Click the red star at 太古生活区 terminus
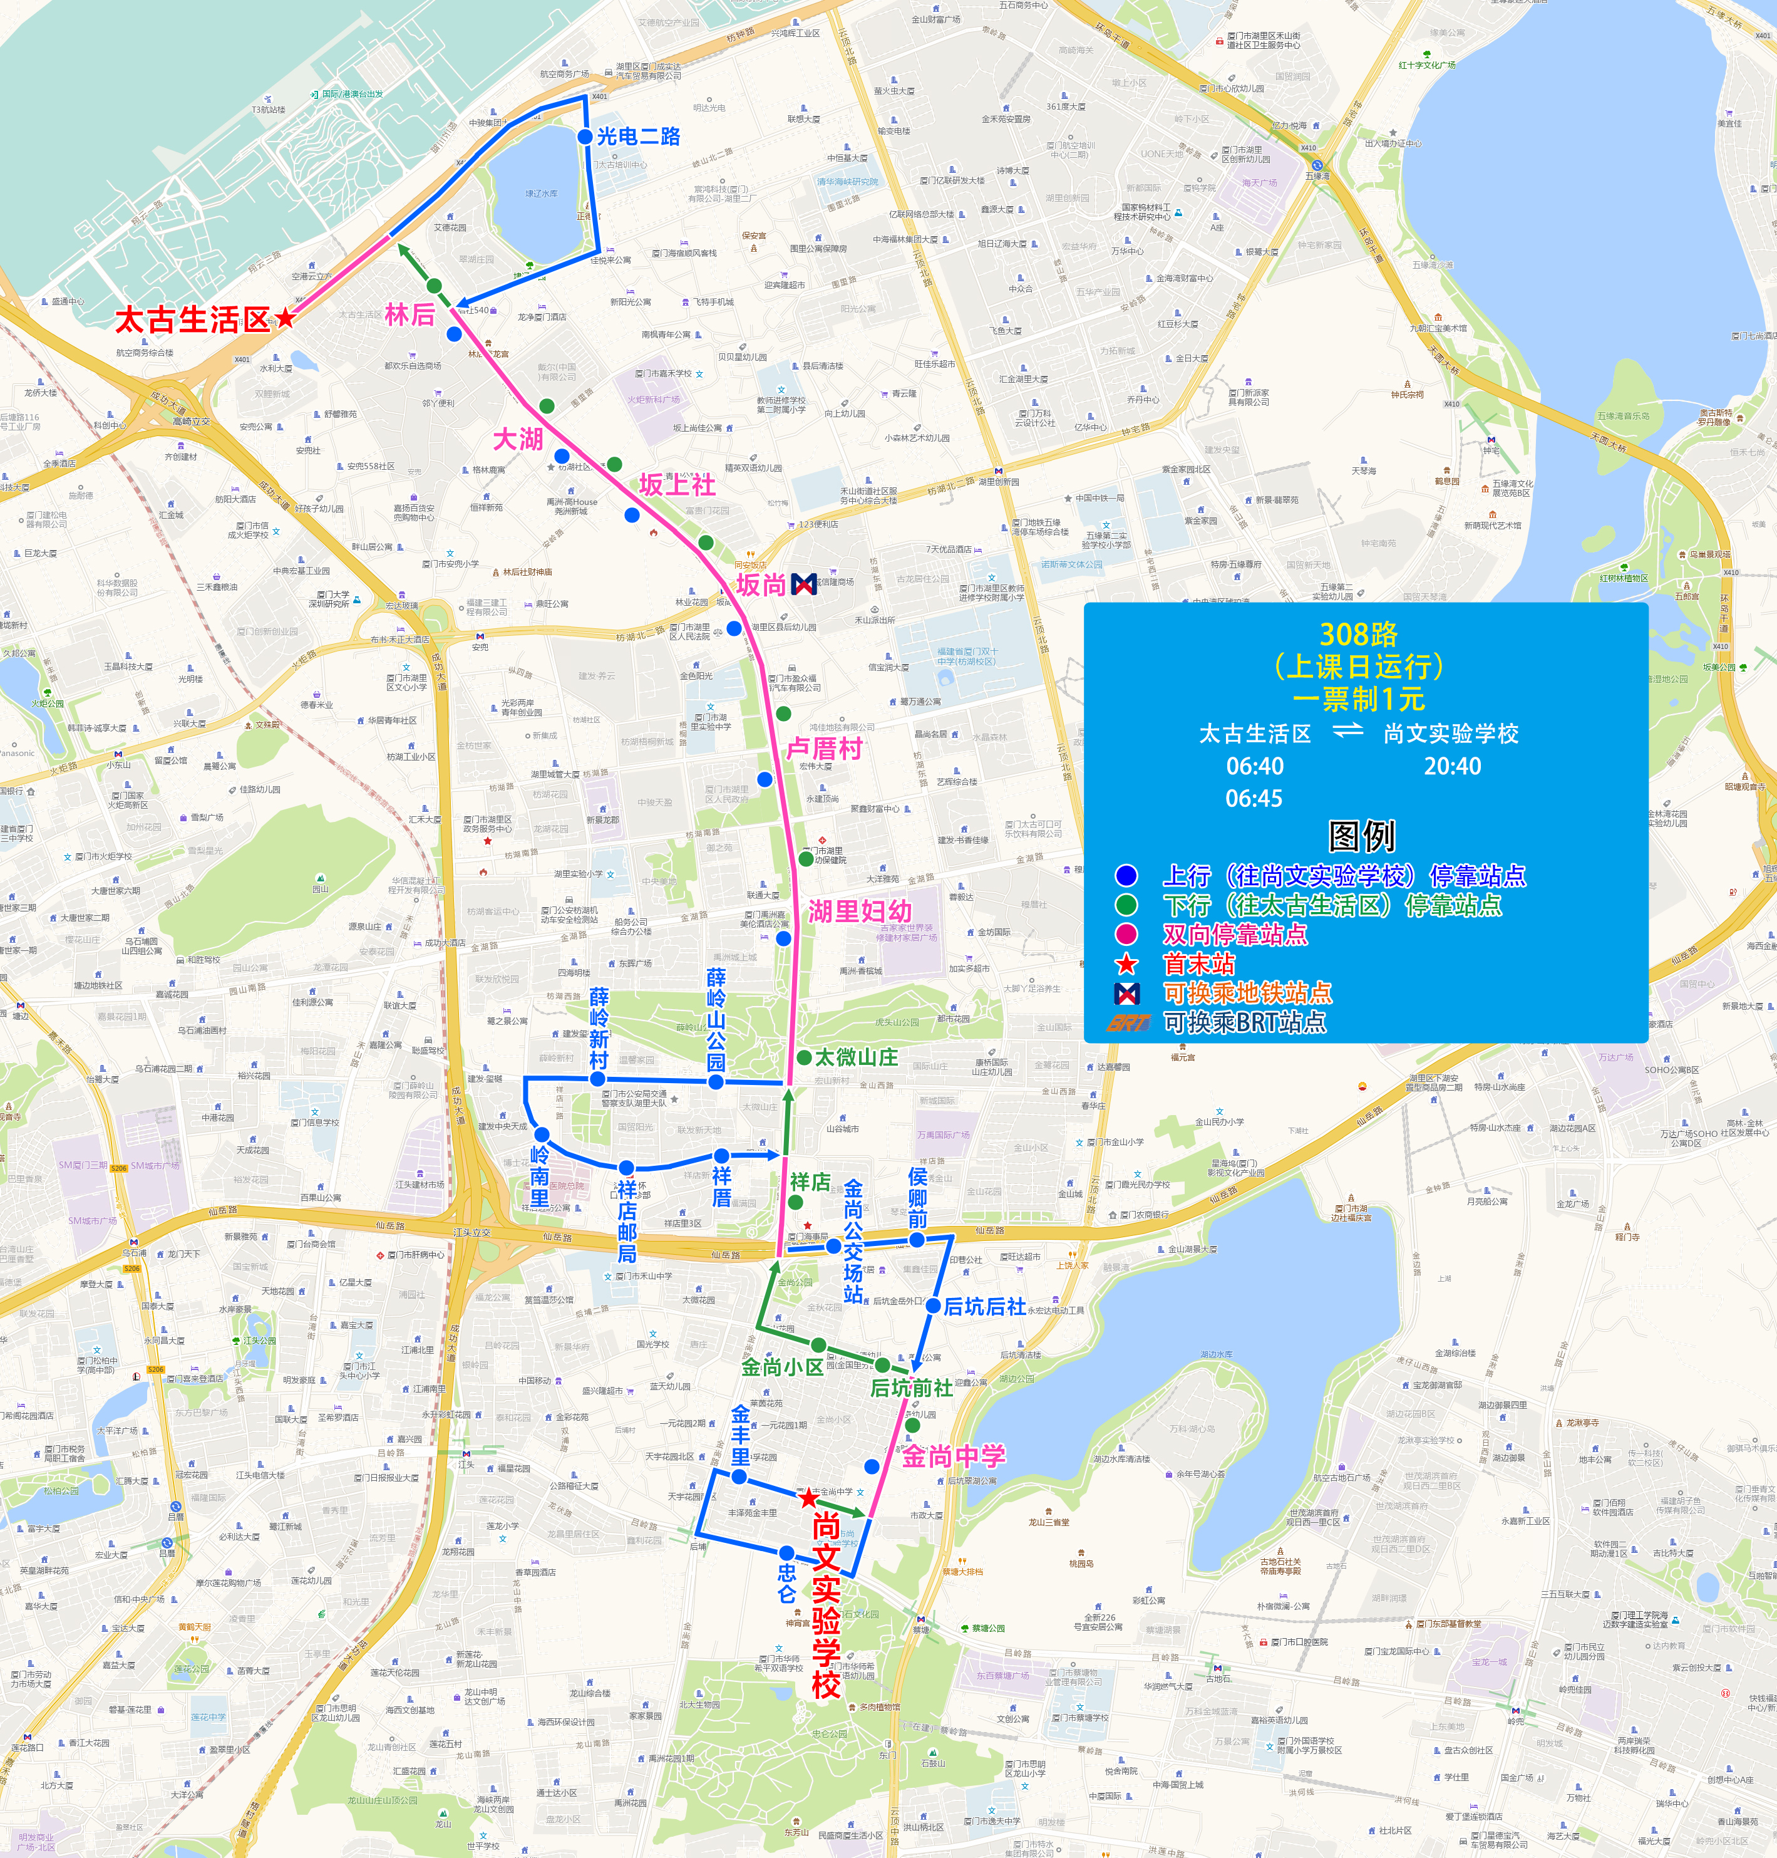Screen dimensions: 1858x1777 [x=284, y=318]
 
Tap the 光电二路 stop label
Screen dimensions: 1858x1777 [x=639, y=137]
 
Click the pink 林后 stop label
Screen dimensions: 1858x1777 [x=409, y=314]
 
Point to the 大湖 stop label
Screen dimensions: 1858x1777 [x=518, y=439]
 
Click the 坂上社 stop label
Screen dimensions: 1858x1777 [x=677, y=485]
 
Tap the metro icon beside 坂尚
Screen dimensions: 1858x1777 [x=803, y=584]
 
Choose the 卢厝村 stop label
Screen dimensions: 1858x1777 [x=824, y=749]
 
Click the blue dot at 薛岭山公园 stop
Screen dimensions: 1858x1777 [x=716, y=1082]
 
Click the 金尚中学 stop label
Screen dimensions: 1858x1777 [x=953, y=1456]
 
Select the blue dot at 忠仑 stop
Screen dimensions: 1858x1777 [x=786, y=1553]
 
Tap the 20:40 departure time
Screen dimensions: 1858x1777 [x=1452, y=766]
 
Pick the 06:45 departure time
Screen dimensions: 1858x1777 [x=1254, y=798]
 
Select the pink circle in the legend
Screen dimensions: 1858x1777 [x=1126, y=934]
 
